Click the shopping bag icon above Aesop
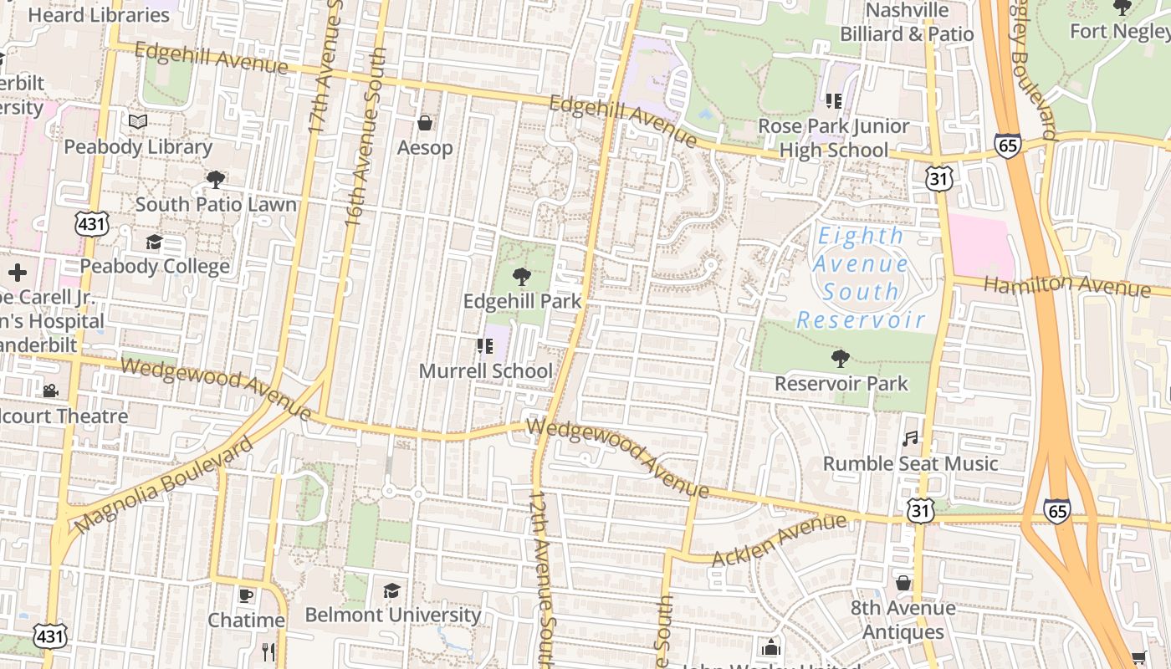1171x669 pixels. coord(425,124)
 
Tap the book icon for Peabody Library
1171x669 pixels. coord(138,122)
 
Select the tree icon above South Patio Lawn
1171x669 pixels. coord(216,179)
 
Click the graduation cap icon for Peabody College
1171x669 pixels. coord(154,243)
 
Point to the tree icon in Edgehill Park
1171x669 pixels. coord(522,276)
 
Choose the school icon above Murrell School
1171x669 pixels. coord(484,346)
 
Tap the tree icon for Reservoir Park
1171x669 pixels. coord(841,359)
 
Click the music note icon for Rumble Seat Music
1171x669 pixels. coord(910,438)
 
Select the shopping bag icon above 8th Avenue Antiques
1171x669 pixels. coord(903,583)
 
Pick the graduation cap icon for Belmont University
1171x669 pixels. coord(391,591)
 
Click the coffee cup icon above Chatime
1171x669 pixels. coord(245,595)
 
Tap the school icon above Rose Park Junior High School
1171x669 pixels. coord(833,101)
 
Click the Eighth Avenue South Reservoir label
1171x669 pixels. coord(862,278)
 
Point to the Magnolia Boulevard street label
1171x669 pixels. coord(163,486)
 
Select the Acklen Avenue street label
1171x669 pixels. coord(779,540)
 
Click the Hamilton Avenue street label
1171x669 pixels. coord(1066,285)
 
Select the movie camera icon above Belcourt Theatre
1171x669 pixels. coord(50,391)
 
